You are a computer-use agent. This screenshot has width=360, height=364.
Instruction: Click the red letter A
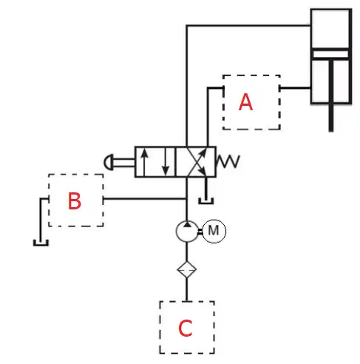point(245,102)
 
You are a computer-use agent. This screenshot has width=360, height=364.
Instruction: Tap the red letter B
point(74,201)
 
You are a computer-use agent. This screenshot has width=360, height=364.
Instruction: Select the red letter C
point(185,328)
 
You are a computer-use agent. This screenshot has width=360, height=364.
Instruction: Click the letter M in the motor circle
point(214,231)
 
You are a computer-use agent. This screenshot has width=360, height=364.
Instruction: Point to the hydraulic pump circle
point(177,232)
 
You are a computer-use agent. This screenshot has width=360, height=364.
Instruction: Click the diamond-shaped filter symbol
point(187,269)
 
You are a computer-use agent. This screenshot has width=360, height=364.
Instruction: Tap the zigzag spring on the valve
point(228,161)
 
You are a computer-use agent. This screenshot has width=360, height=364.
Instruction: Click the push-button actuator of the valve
point(109,162)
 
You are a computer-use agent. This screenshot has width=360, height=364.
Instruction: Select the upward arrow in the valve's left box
point(144,162)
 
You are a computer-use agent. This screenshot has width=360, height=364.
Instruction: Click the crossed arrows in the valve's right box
point(197,162)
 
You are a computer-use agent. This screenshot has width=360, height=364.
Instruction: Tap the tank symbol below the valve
point(206,201)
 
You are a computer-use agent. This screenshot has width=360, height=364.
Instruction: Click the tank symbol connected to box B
point(41,243)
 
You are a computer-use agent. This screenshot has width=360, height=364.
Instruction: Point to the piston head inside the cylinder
point(330,54)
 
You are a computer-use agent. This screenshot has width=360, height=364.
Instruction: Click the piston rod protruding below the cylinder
point(331,118)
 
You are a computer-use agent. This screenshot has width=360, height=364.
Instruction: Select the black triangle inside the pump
point(187,224)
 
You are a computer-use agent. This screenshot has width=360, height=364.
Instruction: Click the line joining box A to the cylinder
point(295,87)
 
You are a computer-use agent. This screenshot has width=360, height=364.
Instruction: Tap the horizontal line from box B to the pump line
point(144,198)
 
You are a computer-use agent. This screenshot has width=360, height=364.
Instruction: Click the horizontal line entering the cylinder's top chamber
point(248,25)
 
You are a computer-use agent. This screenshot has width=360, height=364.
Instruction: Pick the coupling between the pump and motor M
point(200,232)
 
